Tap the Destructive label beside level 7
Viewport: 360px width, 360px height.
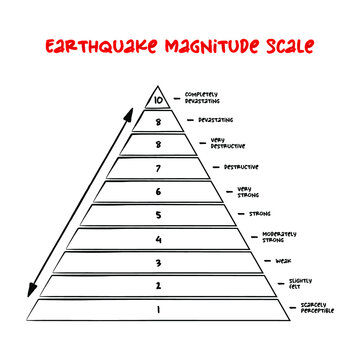(x=244, y=167)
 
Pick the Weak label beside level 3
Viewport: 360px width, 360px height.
(x=283, y=260)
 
